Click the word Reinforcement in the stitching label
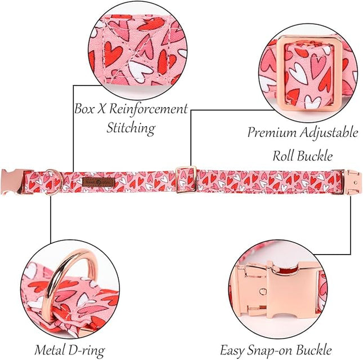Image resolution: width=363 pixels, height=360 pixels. pyautogui.click(x=148, y=109)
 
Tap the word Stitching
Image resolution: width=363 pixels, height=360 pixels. pyautogui.click(x=131, y=128)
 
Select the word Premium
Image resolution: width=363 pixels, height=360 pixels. pyautogui.click(x=272, y=133)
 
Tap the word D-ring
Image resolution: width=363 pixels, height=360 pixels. pyautogui.click(x=87, y=350)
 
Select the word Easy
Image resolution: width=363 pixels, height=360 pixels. pyautogui.click(x=232, y=350)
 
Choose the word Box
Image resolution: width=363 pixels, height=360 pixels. pyautogui.click(x=84, y=109)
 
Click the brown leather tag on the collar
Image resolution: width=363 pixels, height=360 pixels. pyautogui.click(x=98, y=182)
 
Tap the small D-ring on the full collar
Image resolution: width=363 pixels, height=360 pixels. pyautogui.click(x=55, y=181)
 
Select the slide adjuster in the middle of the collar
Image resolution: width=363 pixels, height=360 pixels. pyautogui.click(x=186, y=180)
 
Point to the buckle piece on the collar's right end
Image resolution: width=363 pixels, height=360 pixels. pyautogui.click(x=351, y=182)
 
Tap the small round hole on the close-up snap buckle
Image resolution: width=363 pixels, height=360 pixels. pyautogui.click(x=263, y=291)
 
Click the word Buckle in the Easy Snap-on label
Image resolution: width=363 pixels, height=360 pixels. pyautogui.click(x=314, y=350)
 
